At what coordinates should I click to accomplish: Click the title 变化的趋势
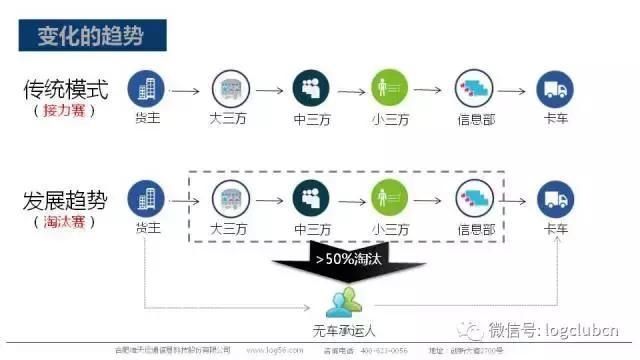pyautogui.click(x=91, y=37)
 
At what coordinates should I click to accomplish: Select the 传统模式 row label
pyautogui.click(x=66, y=89)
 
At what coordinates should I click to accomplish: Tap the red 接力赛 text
pyautogui.click(x=66, y=112)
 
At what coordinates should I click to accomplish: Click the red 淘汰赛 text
pyautogui.click(x=66, y=219)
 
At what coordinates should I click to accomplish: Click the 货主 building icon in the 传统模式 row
pyautogui.click(x=146, y=89)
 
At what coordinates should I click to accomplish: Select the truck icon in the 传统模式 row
pyautogui.click(x=555, y=89)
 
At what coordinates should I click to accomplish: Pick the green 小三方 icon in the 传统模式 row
pyautogui.click(x=390, y=89)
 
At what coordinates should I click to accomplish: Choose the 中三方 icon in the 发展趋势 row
pyautogui.click(x=311, y=199)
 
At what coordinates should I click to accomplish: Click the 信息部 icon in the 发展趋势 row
pyautogui.click(x=474, y=199)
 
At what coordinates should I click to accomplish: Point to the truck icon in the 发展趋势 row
pyautogui.click(x=555, y=199)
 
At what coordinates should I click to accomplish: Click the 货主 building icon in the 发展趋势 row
pyautogui.click(x=146, y=199)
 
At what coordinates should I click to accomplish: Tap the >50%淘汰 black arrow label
pyautogui.click(x=351, y=260)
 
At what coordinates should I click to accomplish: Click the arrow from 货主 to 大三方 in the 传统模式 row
pyautogui.click(x=187, y=90)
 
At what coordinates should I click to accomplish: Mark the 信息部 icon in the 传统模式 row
pyautogui.click(x=474, y=89)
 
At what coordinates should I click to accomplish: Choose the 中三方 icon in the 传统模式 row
pyautogui.click(x=311, y=89)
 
